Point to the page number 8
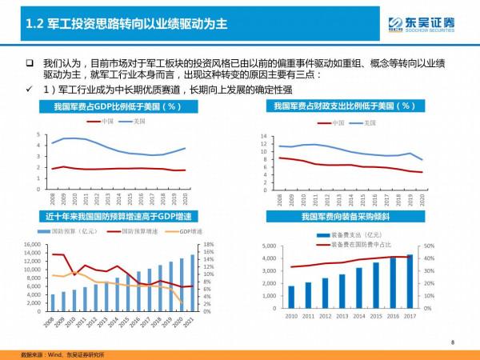452,342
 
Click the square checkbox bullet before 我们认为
29,63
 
